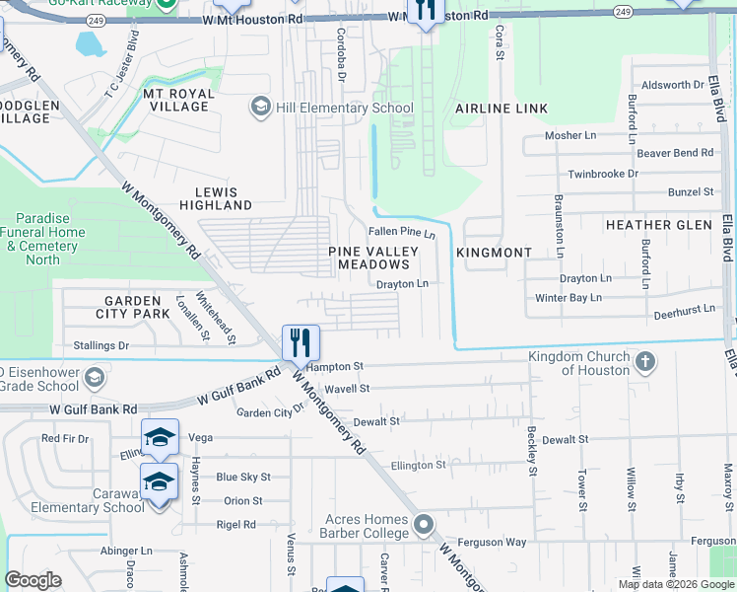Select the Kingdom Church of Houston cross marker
(645, 361)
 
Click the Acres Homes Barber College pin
(424, 523)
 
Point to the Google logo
(33, 580)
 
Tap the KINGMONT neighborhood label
(494, 253)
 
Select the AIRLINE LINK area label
(501, 108)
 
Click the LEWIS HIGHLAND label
(216, 197)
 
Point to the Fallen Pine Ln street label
(401, 233)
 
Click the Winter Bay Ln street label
(568, 297)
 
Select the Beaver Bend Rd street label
(674, 153)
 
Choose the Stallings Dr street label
(101, 346)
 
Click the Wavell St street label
(346, 389)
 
